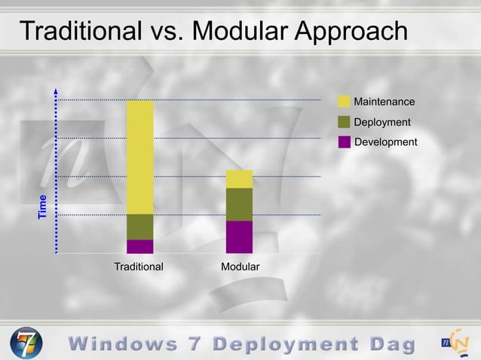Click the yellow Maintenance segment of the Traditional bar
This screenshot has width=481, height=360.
click(139, 157)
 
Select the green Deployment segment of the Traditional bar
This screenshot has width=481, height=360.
click(139, 227)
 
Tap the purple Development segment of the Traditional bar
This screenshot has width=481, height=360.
click(139, 246)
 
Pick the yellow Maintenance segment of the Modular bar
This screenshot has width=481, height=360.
click(239, 178)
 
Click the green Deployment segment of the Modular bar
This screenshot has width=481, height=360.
click(239, 204)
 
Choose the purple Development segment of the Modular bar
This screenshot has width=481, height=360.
click(239, 236)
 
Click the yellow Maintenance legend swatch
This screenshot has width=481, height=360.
click(344, 102)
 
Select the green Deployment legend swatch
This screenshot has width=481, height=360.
click(344, 122)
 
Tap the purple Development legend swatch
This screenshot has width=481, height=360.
click(344, 142)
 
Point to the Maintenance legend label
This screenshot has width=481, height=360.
click(384, 102)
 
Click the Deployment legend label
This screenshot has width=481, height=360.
click(382, 122)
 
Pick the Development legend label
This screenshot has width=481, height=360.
click(385, 142)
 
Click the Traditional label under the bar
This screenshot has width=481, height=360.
click(139, 267)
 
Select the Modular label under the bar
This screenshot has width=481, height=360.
click(240, 267)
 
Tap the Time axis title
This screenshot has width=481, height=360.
click(43, 207)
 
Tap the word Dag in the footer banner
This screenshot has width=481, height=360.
click(392, 344)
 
